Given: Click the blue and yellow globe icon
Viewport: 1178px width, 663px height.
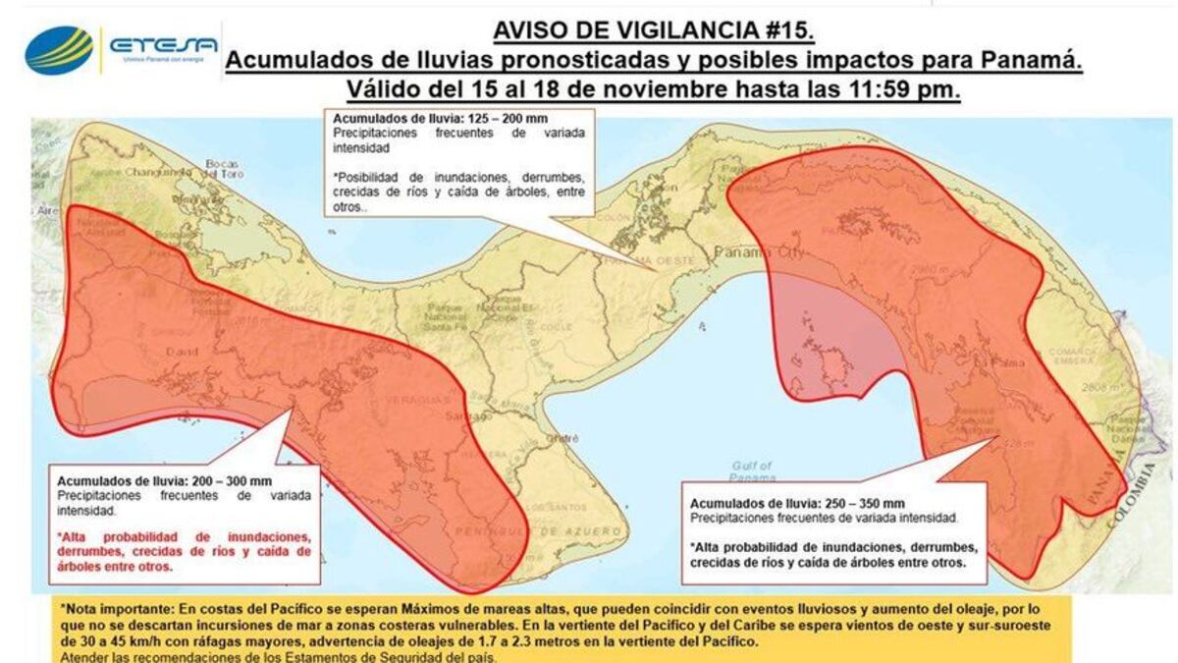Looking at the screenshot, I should [x=59, y=49].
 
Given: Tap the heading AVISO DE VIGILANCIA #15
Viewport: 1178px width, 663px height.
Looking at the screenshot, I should [x=653, y=29].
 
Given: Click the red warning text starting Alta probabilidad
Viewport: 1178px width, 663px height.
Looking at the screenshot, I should [x=186, y=552].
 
